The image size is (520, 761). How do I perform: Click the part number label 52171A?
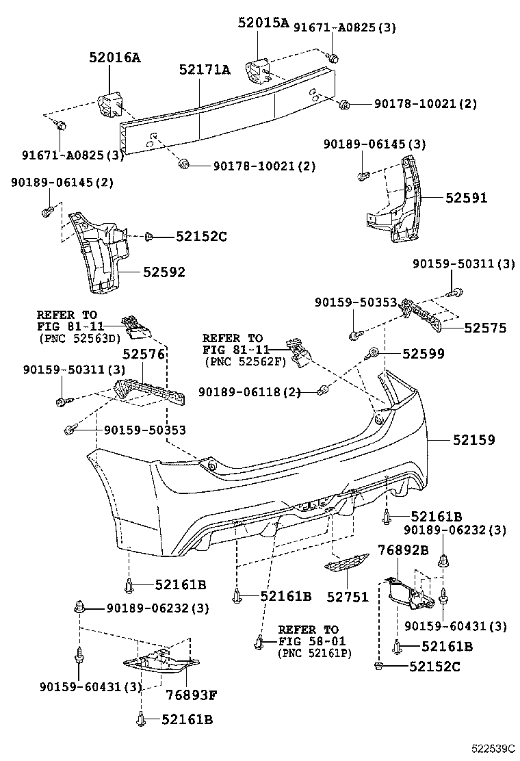click(205, 70)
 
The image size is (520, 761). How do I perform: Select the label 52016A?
click(114, 58)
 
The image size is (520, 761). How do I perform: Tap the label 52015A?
click(263, 23)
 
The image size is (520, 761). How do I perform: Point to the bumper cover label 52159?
click(473, 440)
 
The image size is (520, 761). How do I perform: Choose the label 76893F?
click(192, 696)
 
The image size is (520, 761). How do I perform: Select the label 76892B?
click(404, 550)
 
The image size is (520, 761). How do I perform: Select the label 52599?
click(423, 353)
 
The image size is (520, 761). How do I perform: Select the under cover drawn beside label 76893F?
click(161, 662)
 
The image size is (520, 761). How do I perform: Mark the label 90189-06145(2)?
click(62, 183)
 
